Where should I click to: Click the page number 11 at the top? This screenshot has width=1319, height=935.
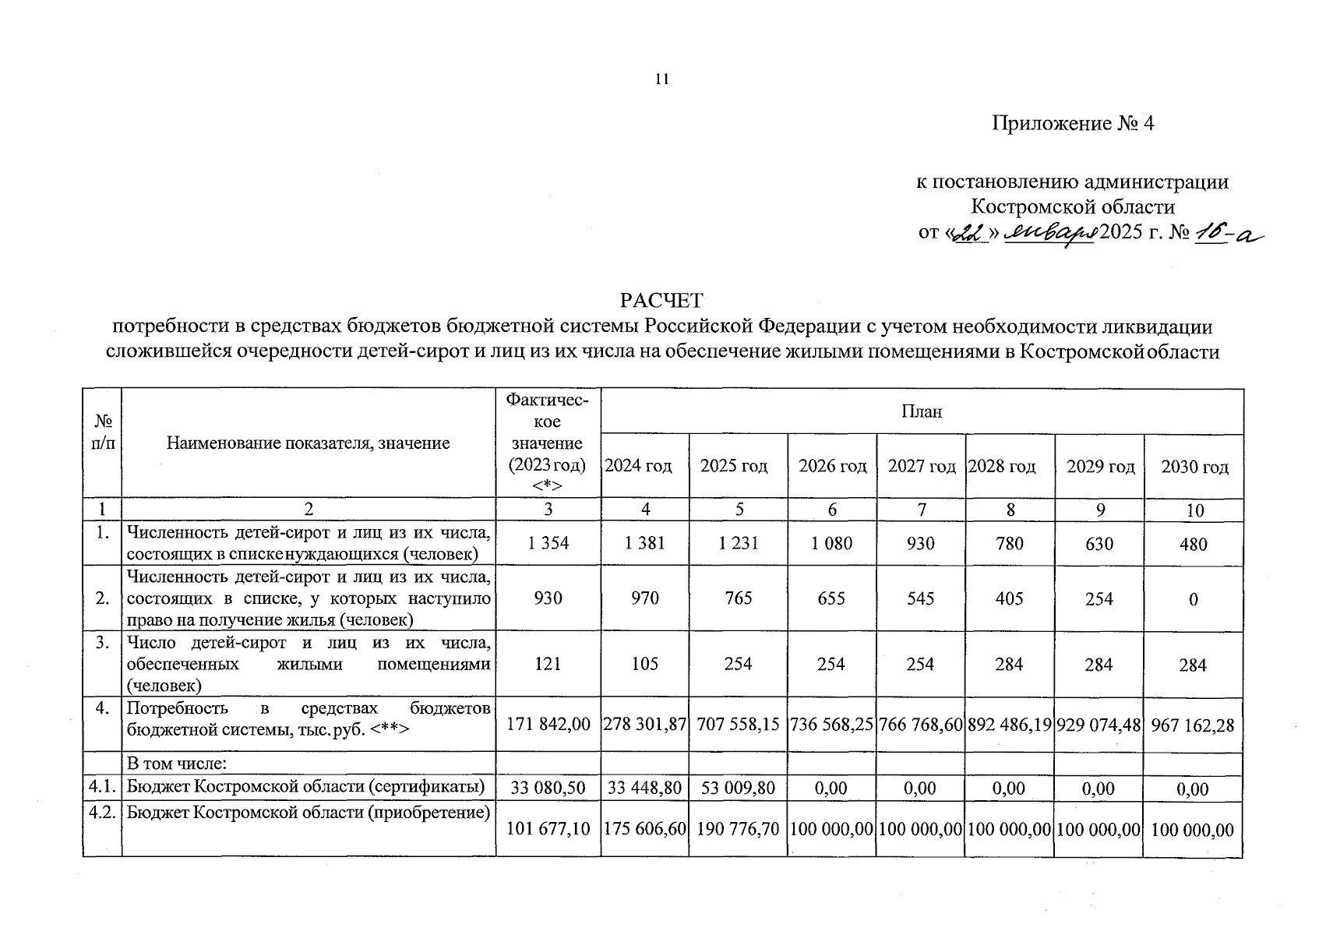click(x=662, y=79)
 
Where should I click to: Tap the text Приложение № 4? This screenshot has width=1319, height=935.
click(x=1072, y=123)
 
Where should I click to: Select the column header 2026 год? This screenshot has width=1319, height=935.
click(x=832, y=466)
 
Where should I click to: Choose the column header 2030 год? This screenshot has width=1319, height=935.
click(x=1194, y=467)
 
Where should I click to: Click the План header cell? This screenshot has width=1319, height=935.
click(x=922, y=411)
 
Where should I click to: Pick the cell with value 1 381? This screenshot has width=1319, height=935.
click(x=645, y=543)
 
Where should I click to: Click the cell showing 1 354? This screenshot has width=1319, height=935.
click(x=548, y=543)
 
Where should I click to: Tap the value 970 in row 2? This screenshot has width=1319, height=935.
click(x=645, y=598)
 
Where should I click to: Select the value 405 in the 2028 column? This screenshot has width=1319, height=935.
click(x=1010, y=598)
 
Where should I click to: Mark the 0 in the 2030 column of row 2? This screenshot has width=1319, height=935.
click(x=1193, y=600)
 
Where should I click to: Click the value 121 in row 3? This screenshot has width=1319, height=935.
click(x=548, y=664)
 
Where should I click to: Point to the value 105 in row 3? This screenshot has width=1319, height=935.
click(x=645, y=664)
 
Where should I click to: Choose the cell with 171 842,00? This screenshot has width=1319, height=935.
click(x=548, y=724)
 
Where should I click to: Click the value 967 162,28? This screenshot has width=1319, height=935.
click(x=1193, y=725)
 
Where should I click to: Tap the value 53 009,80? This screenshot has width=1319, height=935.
click(x=738, y=788)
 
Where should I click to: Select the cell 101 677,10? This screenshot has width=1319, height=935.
click(x=548, y=829)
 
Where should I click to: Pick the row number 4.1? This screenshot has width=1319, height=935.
click(x=102, y=787)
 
